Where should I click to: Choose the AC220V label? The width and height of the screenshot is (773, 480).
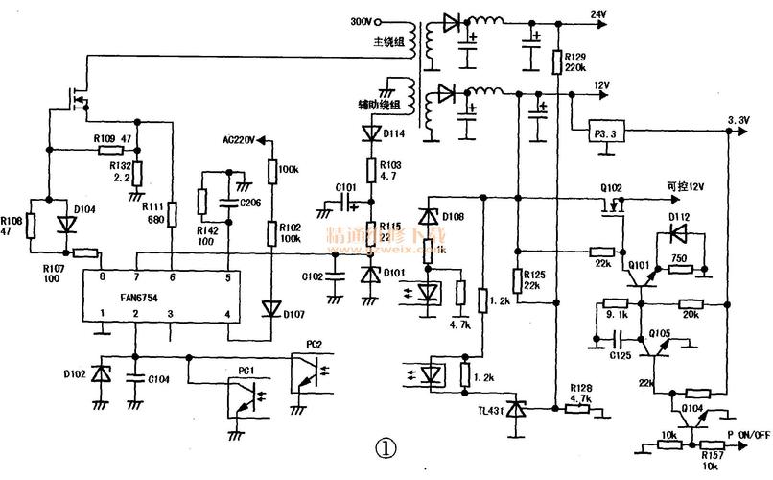click(x=240, y=140)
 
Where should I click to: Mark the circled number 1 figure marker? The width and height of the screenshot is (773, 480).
click(x=384, y=448)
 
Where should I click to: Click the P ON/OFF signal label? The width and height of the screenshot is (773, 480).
click(x=747, y=435)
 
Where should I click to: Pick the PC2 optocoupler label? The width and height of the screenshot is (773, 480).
click(x=315, y=344)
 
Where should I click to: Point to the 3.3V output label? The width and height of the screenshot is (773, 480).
click(x=738, y=120)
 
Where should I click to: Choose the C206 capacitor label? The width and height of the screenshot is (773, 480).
click(x=250, y=204)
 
